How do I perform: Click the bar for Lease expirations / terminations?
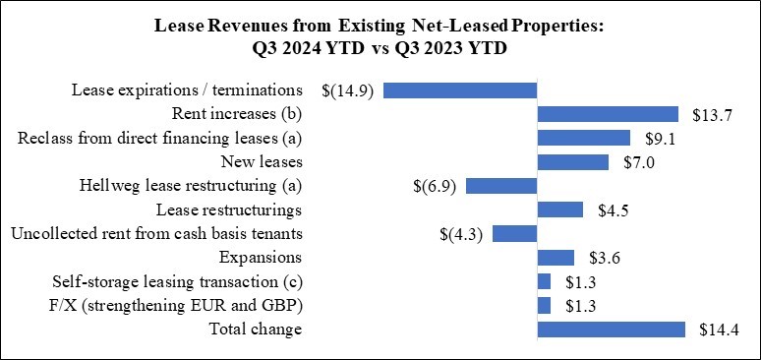[x=460, y=90]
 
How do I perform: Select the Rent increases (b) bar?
[x=608, y=114]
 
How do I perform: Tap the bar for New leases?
[x=573, y=161]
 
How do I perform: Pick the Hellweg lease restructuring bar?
[x=501, y=186]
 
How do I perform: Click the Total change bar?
[x=611, y=329]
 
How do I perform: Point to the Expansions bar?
[x=556, y=258]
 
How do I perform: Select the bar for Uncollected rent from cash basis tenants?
[x=514, y=233]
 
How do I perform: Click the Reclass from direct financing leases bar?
[x=584, y=138]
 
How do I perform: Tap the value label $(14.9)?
[x=347, y=90]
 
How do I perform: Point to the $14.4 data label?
[x=715, y=329]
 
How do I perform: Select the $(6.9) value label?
[x=434, y=186]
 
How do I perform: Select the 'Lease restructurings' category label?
[x=229, y=210]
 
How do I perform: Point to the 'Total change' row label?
[x=256, y=329]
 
